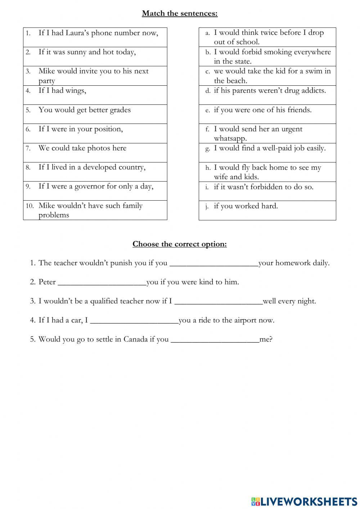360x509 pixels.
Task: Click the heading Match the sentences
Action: tap(180, 13)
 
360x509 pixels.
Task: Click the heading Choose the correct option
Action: tap(180, 244)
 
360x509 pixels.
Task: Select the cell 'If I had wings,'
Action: tap(95, 95)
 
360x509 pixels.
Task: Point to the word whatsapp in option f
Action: tap(230, 139)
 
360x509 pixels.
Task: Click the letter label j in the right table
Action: tap(207, 207)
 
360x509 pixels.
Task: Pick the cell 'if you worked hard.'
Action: tap(267, 210)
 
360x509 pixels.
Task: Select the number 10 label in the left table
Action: tap(30, 206)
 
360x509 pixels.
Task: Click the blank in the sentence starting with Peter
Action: tap(102, 282)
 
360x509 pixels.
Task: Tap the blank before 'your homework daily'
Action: tap(213, 263)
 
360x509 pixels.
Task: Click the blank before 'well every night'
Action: tap(218, 301)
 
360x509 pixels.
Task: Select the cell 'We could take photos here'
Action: tap(95, 152)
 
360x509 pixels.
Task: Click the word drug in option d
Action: tap(287, 90)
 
